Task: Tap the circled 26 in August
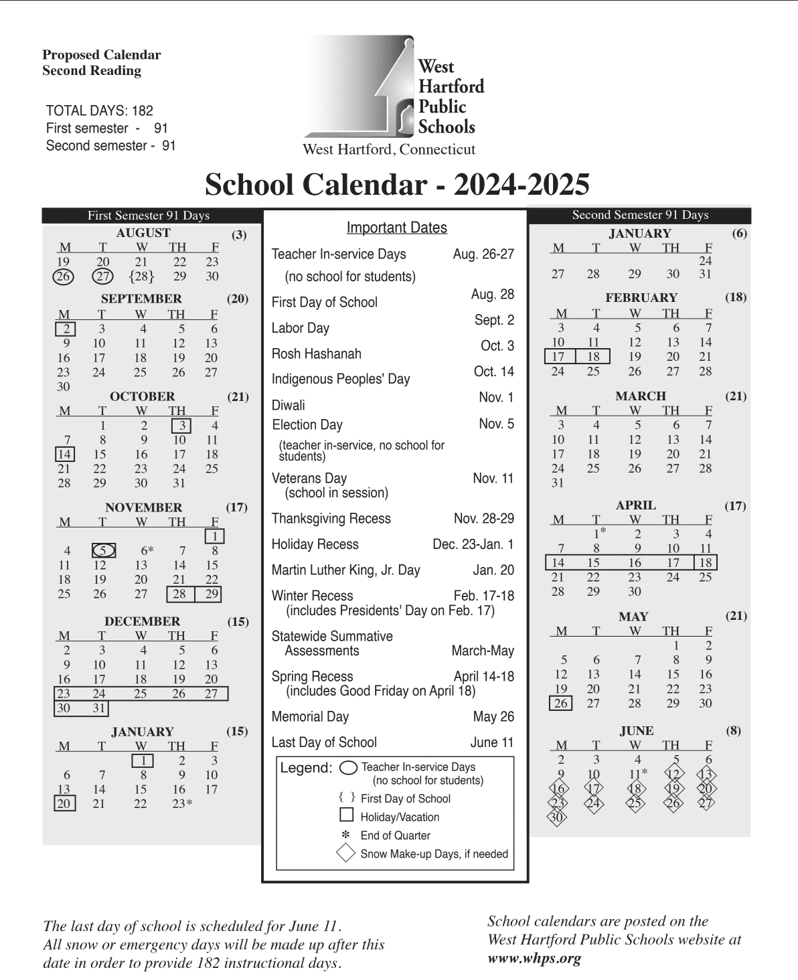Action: (x=64, y=276)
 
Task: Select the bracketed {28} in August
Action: (x=141, y=276)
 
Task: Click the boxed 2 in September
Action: (x=66, y=329)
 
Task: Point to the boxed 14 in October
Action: (x=64, y=455)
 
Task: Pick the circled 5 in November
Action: (x=103, y=551)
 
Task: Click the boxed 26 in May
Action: (x=560, y=704)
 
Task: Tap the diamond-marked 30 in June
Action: (x=557, y=817)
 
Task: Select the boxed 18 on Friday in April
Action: (x=706, y=563)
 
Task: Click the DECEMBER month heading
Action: (x=142, y=621)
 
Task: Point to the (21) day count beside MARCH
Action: (x=736, y=396)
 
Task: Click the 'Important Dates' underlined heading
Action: (x=396, y=228)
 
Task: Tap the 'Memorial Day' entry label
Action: (x=310, y=717)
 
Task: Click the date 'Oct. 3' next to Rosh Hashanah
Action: (x=497, y=346)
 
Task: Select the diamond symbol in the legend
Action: (x=346, y=853)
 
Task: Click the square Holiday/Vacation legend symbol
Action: (x=347, y=815)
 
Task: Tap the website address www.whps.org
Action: (x=534, y=959)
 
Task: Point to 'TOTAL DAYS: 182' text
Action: (x=99, y=111)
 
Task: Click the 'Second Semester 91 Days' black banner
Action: (x=640, y=215)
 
